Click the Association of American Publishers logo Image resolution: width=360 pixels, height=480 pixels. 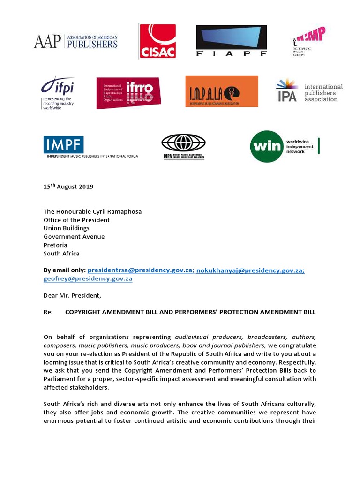[75, 41]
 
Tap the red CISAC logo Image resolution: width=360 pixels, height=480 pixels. [157, 41]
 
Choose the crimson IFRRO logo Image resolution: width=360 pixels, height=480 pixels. [128, 93]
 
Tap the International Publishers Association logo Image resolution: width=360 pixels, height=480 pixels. [309, 91]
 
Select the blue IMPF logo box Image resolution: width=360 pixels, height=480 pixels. [64, 145]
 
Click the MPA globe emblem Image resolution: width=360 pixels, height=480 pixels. [183, 142]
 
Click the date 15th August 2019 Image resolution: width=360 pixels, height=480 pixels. [68, 187]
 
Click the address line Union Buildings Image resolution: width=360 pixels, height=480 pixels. [67, 228]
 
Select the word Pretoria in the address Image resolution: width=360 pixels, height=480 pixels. [55, 245]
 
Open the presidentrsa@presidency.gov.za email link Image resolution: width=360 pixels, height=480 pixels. [141, 270]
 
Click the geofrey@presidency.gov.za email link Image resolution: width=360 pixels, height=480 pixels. [88, 278]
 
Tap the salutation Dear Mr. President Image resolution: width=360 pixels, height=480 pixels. [72, 296]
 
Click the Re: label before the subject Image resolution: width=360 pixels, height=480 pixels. [49, 312]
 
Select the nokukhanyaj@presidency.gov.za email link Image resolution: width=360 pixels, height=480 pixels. [250, 270]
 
